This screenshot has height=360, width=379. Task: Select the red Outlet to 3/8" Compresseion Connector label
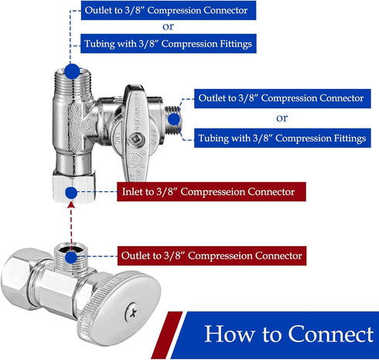pos(211,255)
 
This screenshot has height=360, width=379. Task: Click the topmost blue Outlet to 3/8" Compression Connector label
pos(168,11)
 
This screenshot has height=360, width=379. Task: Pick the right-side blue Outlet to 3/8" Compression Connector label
pos(281,98)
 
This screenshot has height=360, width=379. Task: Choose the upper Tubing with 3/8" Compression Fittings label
pos(168,44)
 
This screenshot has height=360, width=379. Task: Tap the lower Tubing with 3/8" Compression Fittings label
pos(281,138)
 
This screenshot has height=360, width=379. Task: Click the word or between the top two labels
pos(168,28)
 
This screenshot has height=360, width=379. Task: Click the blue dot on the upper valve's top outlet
pos(71,71)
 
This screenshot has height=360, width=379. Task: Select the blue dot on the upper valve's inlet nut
pos(71,190)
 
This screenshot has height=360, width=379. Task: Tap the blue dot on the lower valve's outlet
pos(71,255)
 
